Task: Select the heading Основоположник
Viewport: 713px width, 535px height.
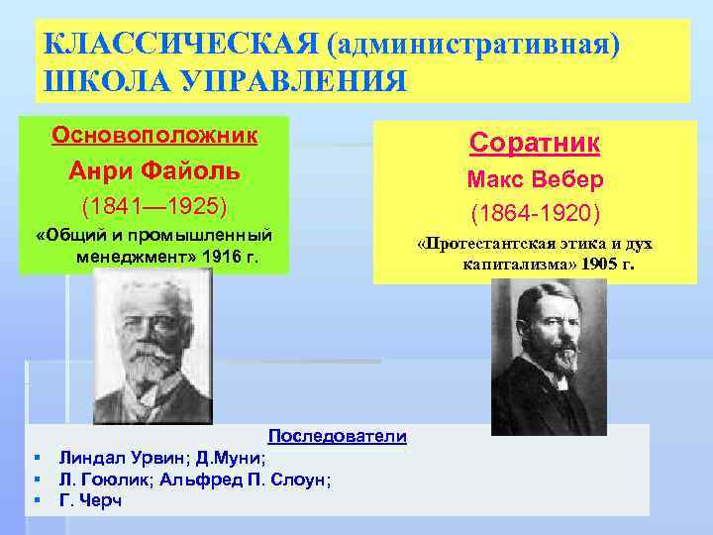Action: [153, 133]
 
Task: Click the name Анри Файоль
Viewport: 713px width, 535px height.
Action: [153, 170]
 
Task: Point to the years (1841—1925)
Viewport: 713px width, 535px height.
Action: [153, 207]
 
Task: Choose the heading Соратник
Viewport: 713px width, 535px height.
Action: [535, 143]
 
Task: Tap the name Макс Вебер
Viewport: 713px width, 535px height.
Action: [535, 181]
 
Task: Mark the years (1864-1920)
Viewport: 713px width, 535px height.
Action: [535, 213]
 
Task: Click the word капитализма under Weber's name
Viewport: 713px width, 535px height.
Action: [513, 266]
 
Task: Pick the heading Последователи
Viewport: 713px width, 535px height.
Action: [338, 437]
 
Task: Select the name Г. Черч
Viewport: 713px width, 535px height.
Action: [91, 501]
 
